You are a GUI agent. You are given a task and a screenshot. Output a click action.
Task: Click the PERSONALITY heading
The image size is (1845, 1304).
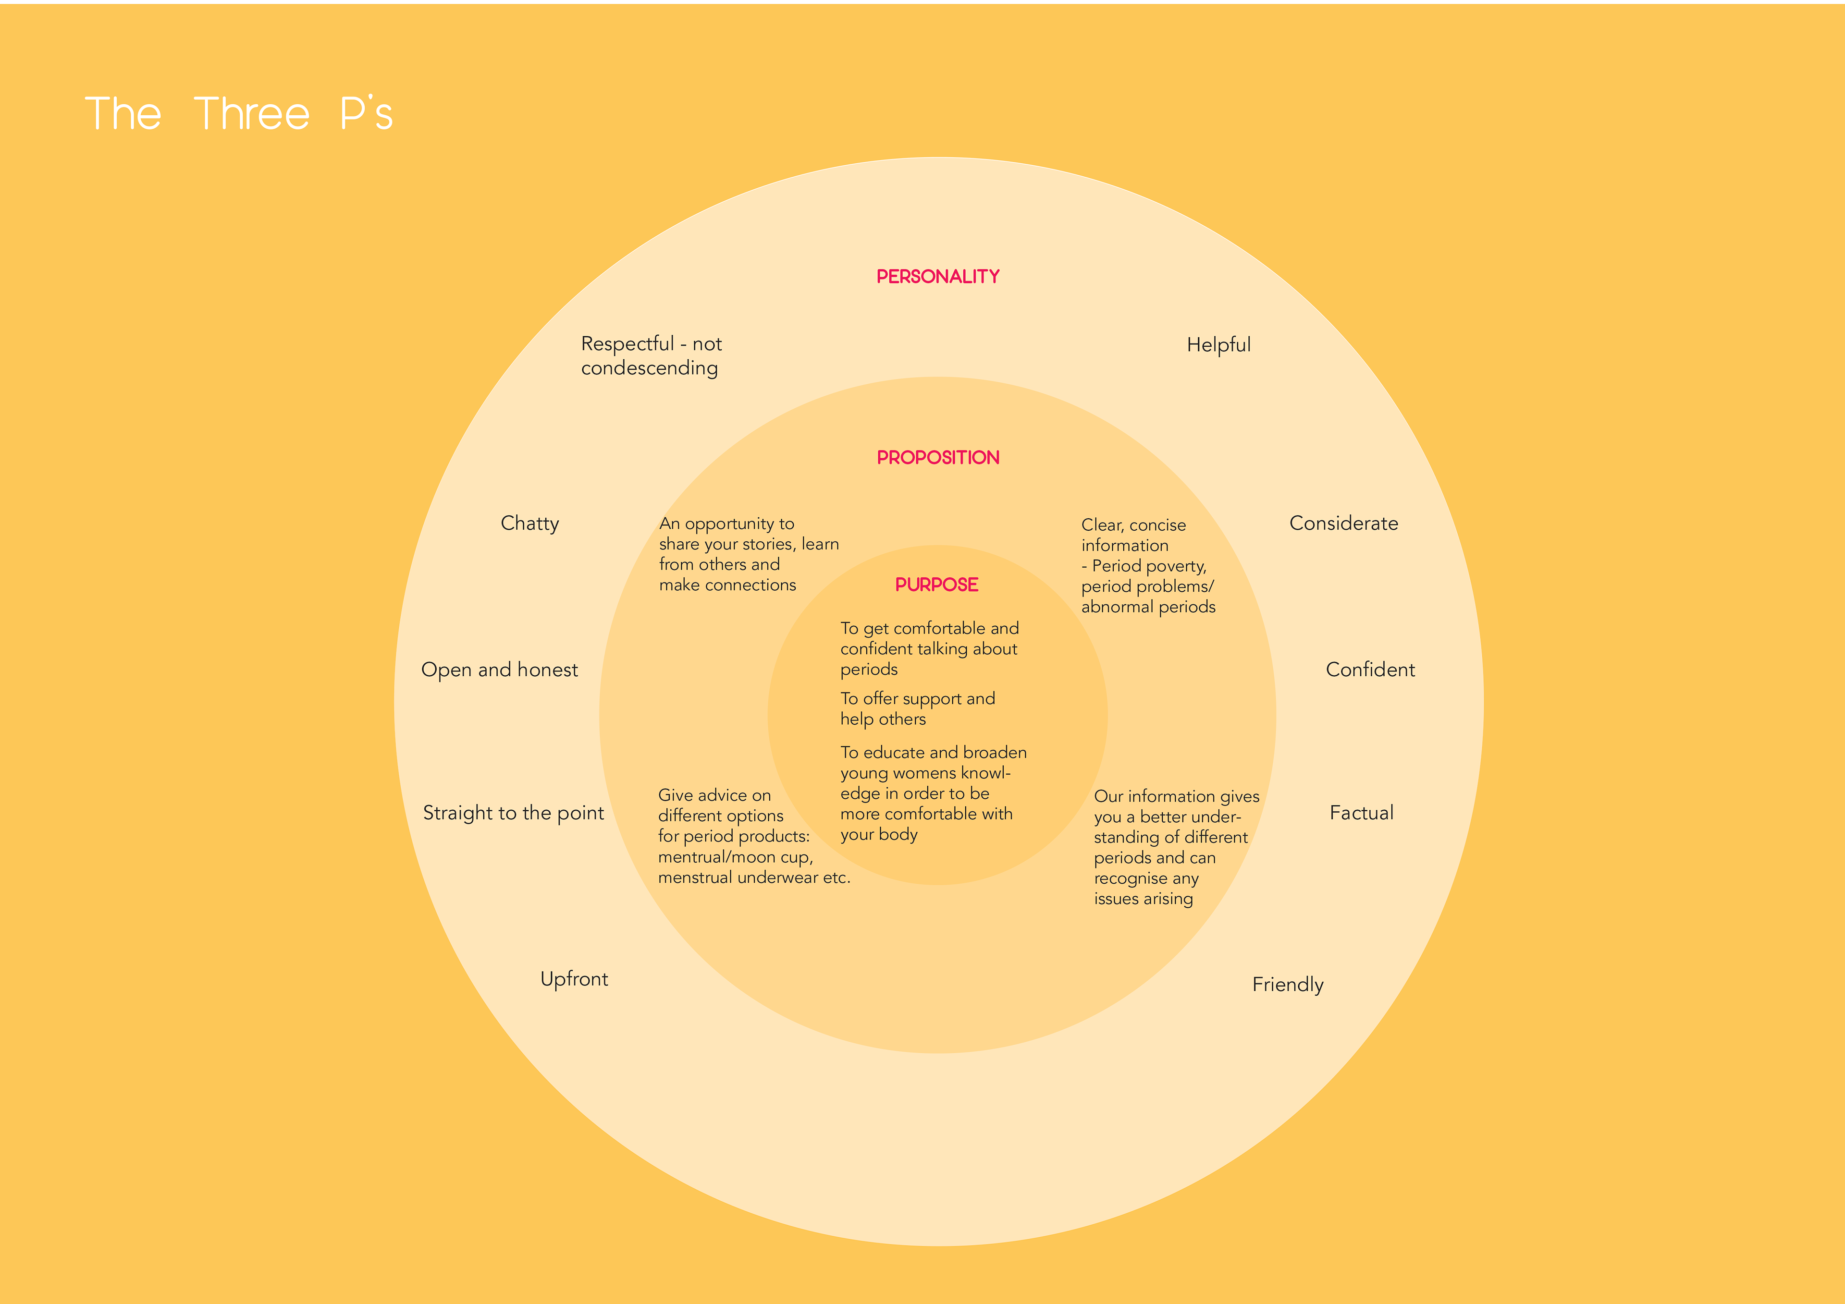(x=938, y=276)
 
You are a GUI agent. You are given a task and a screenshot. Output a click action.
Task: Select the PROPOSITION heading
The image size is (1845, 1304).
(x=938, y=457)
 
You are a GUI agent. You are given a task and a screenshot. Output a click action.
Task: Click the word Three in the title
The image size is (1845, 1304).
(x=251, y=113)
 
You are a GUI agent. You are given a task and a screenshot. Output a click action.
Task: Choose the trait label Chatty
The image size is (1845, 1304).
(x=529, y=523)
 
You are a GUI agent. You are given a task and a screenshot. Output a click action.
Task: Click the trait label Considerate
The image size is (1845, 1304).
(x=1343, y=523)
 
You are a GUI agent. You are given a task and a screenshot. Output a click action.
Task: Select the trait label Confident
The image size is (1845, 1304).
(x=1370, y=669)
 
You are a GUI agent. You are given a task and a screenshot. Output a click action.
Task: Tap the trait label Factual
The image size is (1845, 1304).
(x=1361, y=812)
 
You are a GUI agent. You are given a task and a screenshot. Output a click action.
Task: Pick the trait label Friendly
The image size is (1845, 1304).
(x=1287, y=984)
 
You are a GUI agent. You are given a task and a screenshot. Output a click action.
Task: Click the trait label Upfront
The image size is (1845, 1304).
(x=574, y=979)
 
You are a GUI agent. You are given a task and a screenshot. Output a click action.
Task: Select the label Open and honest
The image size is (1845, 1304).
(x=499, y=669)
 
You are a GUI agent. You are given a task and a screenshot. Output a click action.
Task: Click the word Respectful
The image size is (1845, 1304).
(x=627, y=344)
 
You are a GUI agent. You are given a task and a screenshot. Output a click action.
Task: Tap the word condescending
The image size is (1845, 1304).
(x=649, y=368)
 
